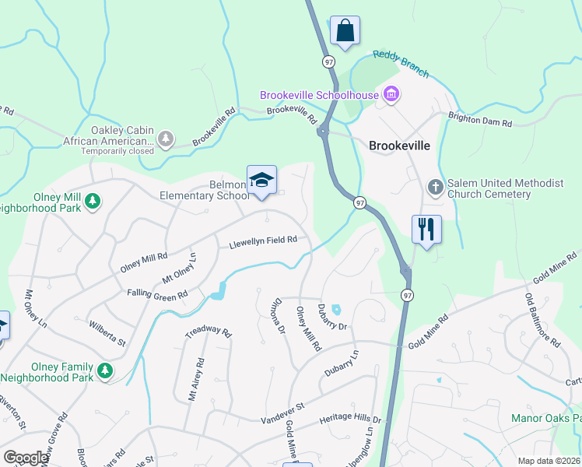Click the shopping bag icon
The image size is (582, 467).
click(345, 31)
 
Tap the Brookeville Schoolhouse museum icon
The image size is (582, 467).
click(391, 96)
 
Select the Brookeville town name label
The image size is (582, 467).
click(399, 145)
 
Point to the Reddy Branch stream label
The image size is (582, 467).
click(401, 64)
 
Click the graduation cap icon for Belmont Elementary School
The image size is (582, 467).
click(262, 181)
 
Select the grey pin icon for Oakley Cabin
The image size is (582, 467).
click(165, 139)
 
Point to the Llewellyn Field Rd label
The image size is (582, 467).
click(263, 243)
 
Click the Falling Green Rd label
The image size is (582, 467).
click(157, 294)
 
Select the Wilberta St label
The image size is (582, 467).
click(107, 331)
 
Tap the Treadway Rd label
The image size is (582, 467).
click(209, 332)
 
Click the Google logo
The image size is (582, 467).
click(26, 458)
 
